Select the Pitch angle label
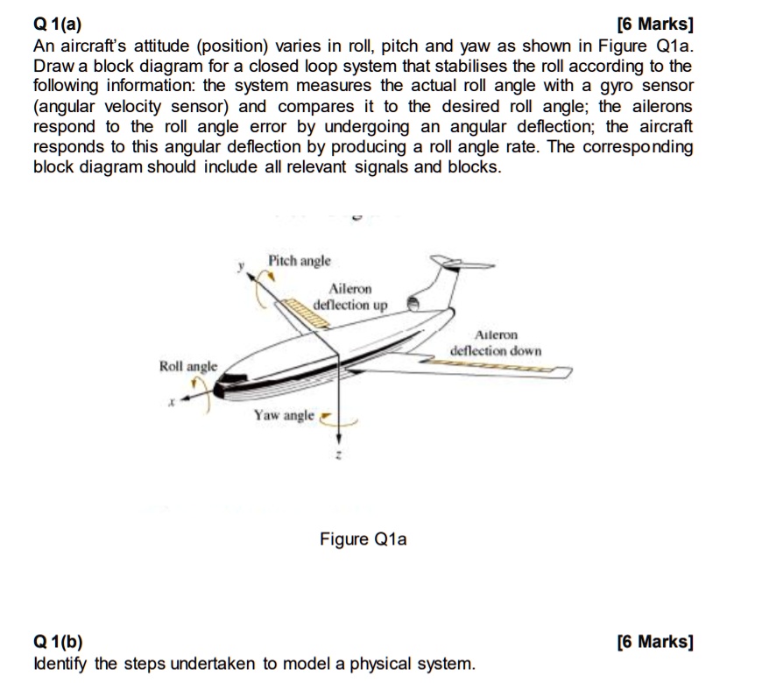click(300, 261)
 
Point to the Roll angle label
click(187, 365)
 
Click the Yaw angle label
click(283, 415)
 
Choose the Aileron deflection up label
click(349, 298)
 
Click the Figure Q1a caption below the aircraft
click(363, 539)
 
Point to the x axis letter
click(173, 404)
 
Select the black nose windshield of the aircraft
click(230, 378)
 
